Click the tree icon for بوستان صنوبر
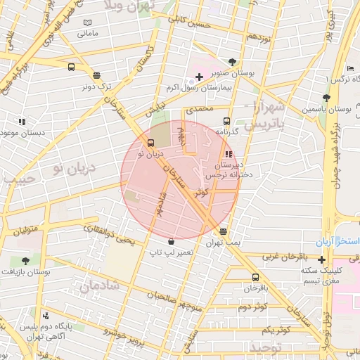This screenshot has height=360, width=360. (x=233, y=63)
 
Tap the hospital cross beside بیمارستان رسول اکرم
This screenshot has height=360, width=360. (x=199, y=76)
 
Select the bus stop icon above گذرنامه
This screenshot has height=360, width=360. (x=226, y=121)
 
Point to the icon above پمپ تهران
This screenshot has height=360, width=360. (x=224, y=231)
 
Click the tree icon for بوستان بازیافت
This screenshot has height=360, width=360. (x=26, y=260)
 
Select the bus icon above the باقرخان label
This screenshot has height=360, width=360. (x=255, y=277)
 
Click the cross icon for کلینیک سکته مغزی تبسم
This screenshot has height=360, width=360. (x=321, y=259)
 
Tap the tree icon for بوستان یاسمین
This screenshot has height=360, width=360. (x=326, y=98)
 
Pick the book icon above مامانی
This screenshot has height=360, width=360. (x=87, y=23)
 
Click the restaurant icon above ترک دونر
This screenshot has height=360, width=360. (x=96, y=75)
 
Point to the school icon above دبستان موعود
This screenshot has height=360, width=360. (x=22, y=122)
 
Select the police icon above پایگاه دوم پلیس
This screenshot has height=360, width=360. (x=46, y=316)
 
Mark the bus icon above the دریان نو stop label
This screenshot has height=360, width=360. (x=151, y=143)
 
